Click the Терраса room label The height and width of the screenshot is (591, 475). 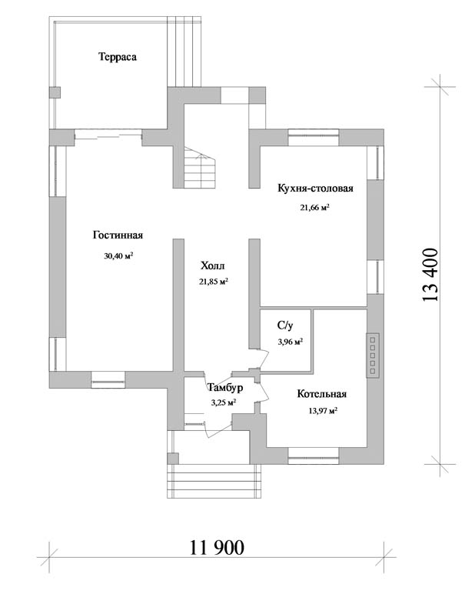coord(118,57)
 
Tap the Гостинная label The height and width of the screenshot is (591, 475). coord(118,235)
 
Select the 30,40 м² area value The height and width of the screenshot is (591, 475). coord(119,256)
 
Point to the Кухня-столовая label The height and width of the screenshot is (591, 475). coord(315,188)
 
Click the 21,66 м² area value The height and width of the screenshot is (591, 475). coord(314,207)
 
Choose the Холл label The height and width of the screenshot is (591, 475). coord(213,265)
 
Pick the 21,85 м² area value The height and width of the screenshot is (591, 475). coord(214,281)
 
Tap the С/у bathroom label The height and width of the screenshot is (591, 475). coord(285,326)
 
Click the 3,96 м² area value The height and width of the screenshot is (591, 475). coord(291,342)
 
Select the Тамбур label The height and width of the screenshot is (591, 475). coord(225,388)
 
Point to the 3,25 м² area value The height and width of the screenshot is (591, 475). coord(224,402)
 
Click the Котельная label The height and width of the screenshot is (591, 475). coord(322,394)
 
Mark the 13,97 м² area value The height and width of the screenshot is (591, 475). coord(323,410)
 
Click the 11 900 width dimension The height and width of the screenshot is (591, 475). coord(217,547)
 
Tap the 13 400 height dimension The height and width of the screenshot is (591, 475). coord(431,275)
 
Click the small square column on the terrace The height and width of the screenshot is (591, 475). coord(55,92)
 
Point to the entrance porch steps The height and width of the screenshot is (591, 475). coord(214,480)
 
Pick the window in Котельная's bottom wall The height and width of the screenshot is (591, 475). coord(314,456)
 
